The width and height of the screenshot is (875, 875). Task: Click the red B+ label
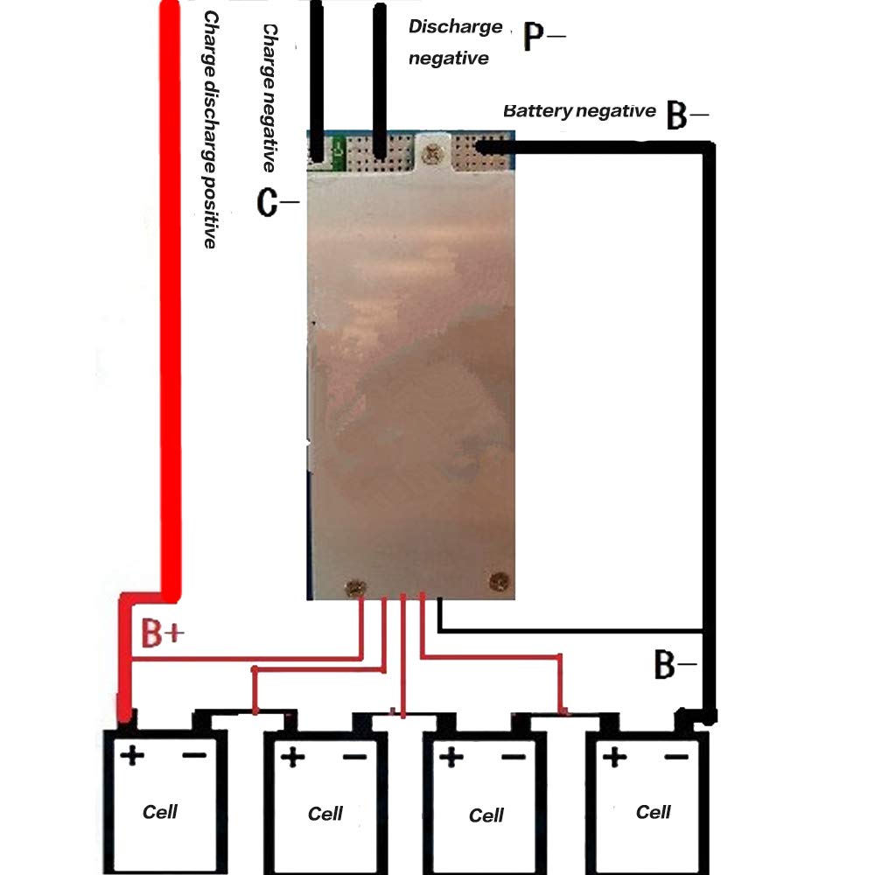(163, 634)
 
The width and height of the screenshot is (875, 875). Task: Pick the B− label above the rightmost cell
(675, 665)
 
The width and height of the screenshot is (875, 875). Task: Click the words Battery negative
(578, 111)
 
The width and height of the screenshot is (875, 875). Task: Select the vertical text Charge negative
(270, 96)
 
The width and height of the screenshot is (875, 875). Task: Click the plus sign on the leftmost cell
(132, 755)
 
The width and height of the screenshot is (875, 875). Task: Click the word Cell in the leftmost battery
(160, 812)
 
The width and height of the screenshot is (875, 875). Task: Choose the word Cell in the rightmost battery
(653, 812)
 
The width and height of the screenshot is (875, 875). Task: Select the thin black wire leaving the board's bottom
(569, 629)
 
